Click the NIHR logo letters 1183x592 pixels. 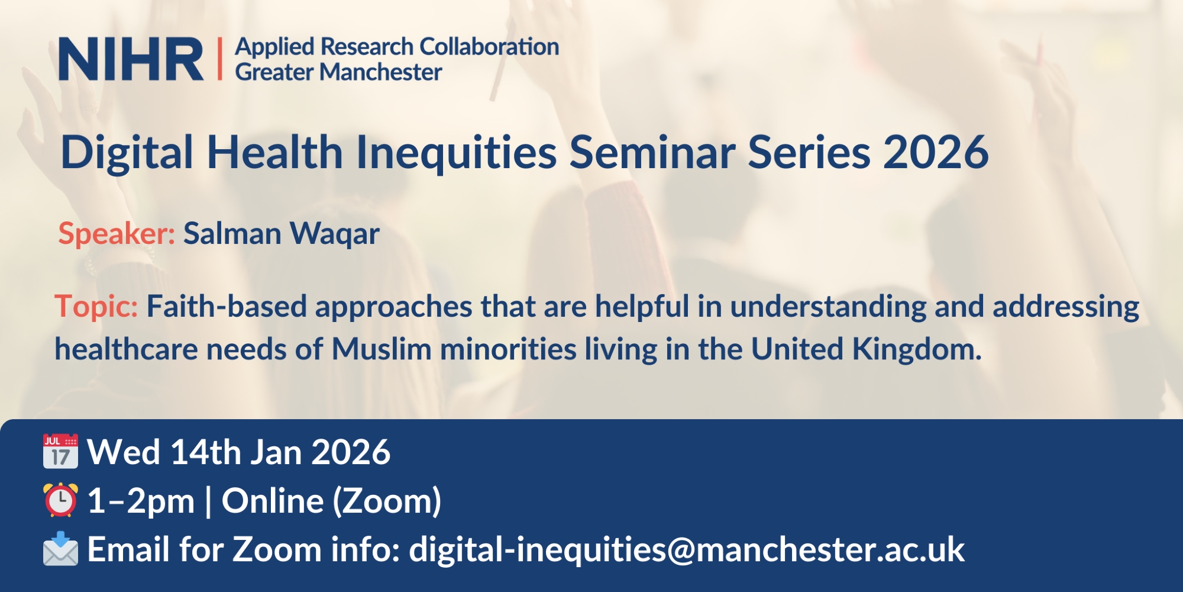131,59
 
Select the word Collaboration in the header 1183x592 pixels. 489,46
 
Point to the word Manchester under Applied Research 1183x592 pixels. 381,72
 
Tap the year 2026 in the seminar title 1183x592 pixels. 936,152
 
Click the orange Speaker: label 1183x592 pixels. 117,233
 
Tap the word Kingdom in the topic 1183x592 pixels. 917,349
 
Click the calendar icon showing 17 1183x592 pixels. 60,451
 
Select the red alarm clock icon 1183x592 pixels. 60,500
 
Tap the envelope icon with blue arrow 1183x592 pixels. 60,549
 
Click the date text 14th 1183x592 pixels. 205,452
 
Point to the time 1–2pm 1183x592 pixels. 141,501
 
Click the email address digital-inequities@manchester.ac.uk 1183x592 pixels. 687,550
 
